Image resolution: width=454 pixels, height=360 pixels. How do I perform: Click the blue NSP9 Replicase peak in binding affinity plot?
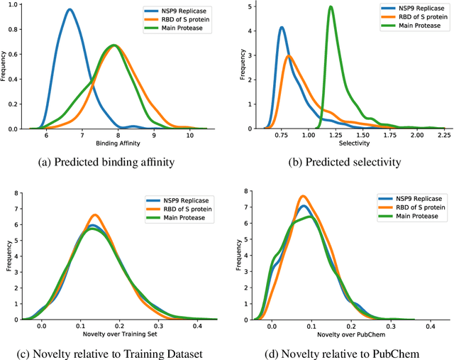[69, 10]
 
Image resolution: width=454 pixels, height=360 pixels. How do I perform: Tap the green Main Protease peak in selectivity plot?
[331, 7]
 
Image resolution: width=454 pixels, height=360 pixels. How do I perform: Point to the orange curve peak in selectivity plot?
[288, 57]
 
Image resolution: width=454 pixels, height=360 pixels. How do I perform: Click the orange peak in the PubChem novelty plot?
[302, 196]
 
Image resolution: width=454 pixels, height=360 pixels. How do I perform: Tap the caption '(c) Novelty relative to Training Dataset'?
[113, 353]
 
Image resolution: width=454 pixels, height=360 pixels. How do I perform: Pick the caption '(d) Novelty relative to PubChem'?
[340, 353]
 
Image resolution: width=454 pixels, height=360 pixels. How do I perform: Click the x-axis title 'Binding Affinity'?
[118, 143]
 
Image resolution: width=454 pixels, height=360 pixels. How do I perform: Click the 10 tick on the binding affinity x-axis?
[189, 135]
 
